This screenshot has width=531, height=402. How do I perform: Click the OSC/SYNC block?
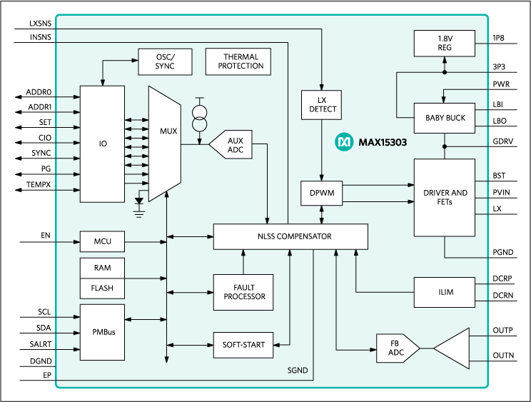(x=165, y=61)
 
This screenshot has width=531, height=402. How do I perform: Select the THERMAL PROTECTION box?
(x=236, y=61)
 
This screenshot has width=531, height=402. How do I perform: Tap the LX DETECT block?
(x=322, y=105)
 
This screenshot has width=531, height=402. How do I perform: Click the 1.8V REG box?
(x=444, y=44)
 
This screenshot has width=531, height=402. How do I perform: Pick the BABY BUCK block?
(x=444, y=118)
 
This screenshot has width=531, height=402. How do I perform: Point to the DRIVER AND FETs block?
(x=444, y=197)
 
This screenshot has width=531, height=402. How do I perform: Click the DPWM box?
(x=322, y=193)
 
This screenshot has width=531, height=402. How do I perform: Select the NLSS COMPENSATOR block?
(x=290, y=236)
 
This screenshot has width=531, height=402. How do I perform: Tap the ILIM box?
(x=444, y=292)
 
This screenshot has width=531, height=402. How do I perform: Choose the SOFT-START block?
(x=243, y=345)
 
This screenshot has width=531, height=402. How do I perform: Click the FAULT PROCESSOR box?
(x=243, y=292)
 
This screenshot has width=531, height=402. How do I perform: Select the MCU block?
(x=101, y=241)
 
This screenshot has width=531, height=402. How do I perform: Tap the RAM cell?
(x=101, y=268)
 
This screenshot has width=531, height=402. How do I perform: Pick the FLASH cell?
(x=101, y=288)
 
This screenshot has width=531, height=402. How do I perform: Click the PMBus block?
(x=101, y=332)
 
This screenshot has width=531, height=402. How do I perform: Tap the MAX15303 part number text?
(x=381, y=143)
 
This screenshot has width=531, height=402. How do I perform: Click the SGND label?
(x=297, y=371)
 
